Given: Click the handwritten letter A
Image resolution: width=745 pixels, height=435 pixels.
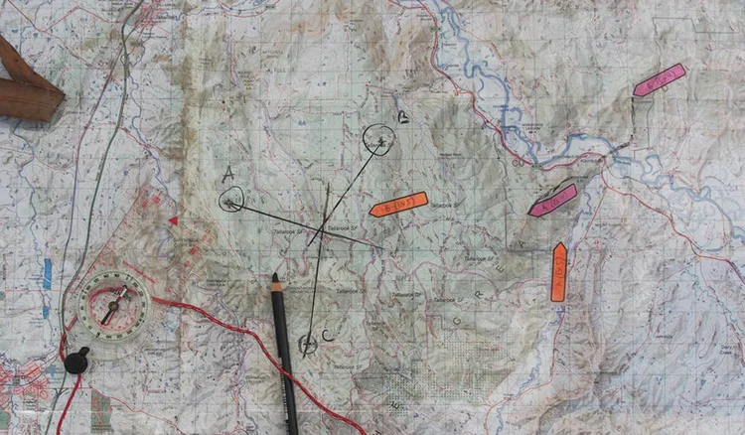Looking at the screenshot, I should click(x=228, y=173).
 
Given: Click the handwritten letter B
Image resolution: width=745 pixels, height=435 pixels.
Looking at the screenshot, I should click(x=402, y=118).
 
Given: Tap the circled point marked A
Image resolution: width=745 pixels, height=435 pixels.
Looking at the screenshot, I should click(x=230, y=202).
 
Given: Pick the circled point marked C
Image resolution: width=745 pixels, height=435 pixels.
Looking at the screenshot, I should click(x=308, y=344).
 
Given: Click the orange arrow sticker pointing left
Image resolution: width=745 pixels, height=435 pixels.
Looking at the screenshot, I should click(x=398, y=204).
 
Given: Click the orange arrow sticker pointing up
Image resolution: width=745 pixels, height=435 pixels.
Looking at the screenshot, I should click(x=559, y=271).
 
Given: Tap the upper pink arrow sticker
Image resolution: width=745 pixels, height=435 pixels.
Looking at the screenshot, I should click(x=660, y=80).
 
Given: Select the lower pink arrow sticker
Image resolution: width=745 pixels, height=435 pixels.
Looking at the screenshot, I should click(x=553, y=200).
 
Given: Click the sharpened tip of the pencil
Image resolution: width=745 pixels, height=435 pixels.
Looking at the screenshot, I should click(x=274, y=279).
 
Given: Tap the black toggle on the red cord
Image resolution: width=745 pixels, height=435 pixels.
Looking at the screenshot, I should click(x=76, y=361).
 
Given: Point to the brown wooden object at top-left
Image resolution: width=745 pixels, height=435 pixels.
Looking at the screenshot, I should click(x=27, y=85).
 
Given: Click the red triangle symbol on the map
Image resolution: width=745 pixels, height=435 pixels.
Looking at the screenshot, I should click(x=174, y=220).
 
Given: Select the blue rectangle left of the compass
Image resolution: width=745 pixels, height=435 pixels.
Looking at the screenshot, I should click(x=47, y=273).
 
